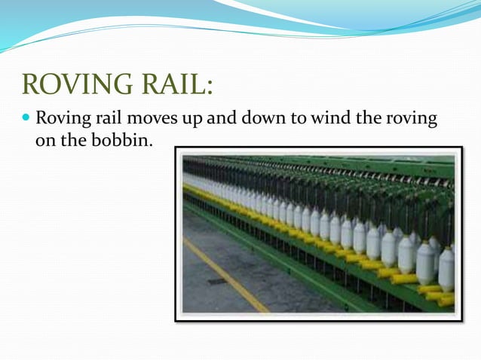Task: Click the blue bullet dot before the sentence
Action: tap(27, 119)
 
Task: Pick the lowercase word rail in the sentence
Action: tap(104, 120)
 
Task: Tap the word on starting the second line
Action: tap(45, 140)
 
